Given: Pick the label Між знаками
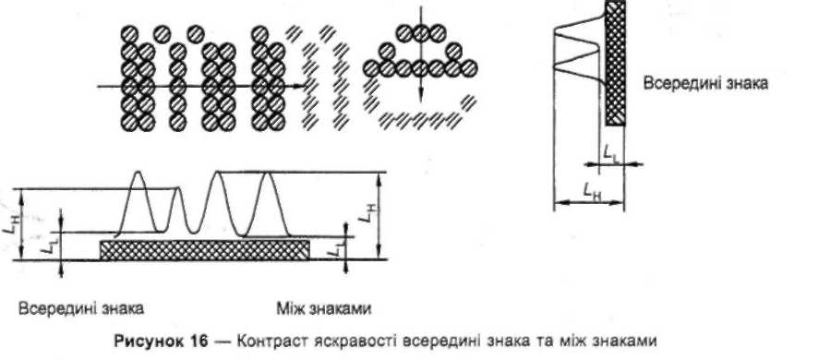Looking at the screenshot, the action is (324, 309).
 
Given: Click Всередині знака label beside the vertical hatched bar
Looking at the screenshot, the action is (705, 84).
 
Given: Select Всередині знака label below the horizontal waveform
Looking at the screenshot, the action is (81, 308).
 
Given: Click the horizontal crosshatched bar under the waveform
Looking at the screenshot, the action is (204, 250).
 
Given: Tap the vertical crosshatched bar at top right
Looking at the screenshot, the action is (615, 63).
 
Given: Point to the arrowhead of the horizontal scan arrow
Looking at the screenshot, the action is (300, 86).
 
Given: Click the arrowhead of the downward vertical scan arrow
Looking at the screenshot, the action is (420, 97).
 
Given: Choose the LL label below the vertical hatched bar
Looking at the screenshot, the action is (610, 153).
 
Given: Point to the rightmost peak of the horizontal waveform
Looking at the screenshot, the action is (268, 174).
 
